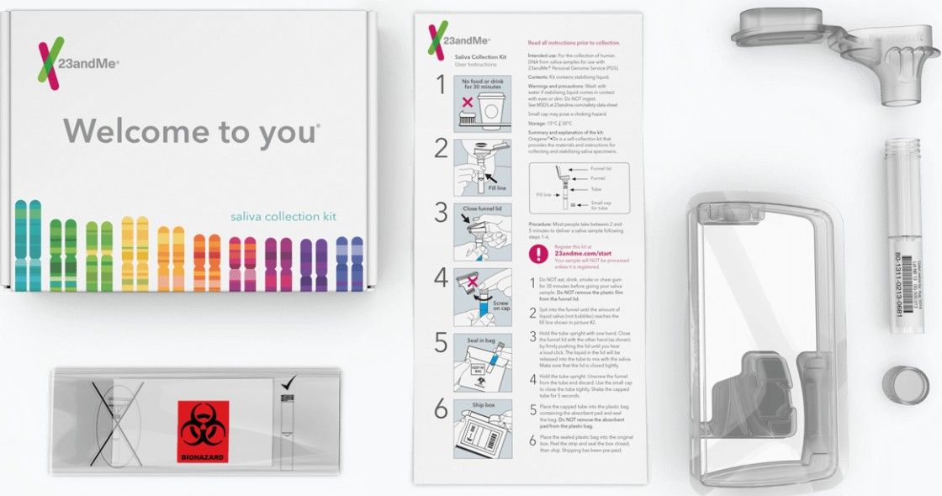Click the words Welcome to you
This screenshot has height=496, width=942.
pos(192,131)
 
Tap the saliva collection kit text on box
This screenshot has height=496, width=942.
pos(283,216)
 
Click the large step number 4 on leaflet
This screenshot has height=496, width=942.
pos(441,278)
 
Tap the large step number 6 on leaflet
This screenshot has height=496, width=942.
pos(441,410)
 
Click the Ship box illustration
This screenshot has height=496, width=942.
pos(483,428)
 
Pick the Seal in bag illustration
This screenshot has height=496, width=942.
pos(483,362)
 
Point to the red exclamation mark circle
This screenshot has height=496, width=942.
pos(537,254)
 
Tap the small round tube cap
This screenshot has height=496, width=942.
pos(905,384)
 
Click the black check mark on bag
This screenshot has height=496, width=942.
pos(288,383)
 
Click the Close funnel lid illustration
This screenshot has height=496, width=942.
pos(483,233)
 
